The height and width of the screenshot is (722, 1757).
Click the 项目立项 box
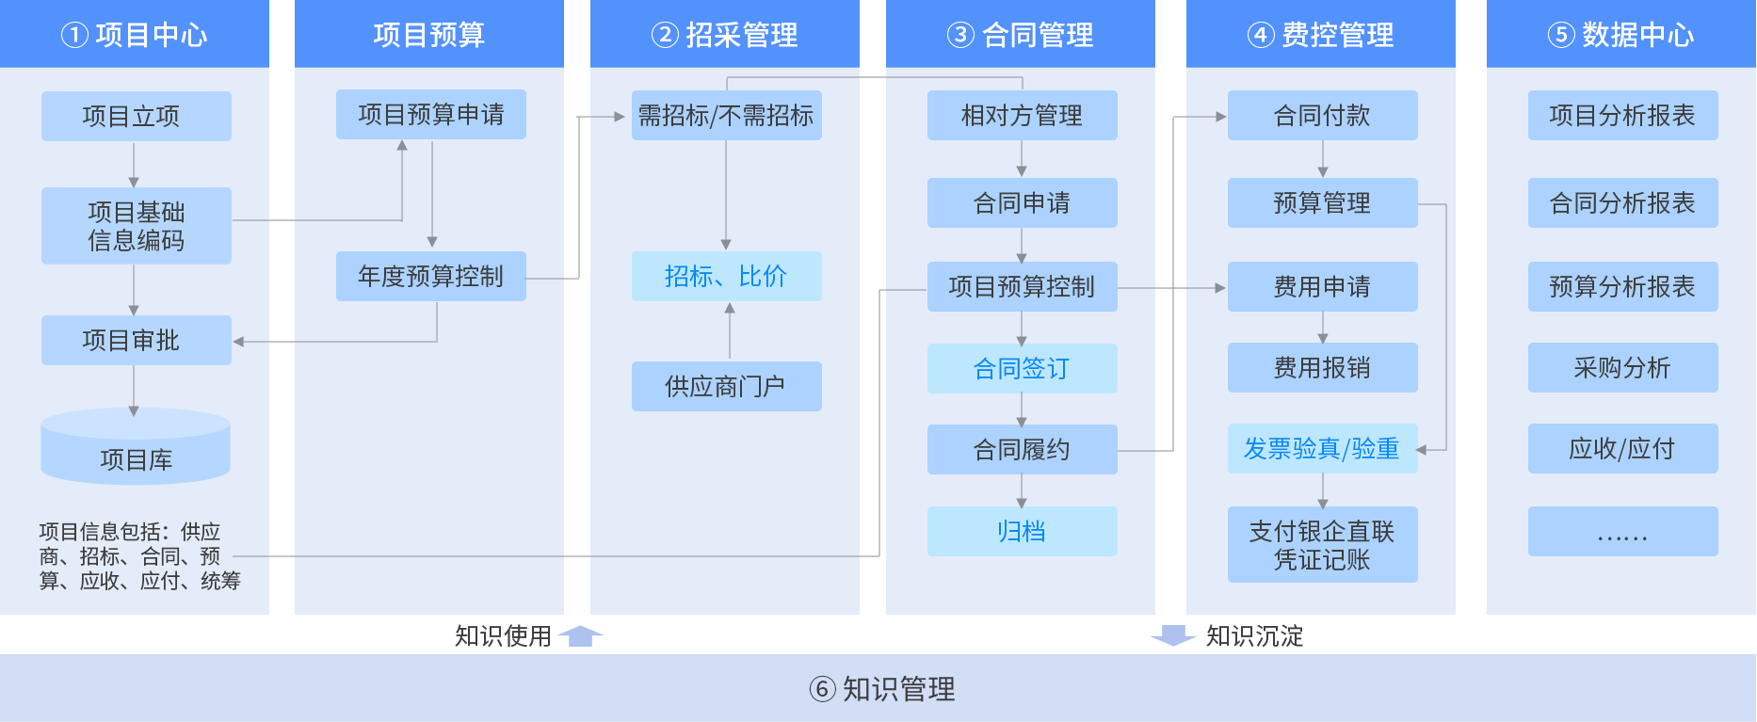click(x=136, y=116)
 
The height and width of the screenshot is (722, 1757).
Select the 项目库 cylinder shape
click(x=136, y=447)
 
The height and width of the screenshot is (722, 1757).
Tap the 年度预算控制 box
click(x=430, y=276)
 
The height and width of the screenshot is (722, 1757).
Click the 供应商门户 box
click(x=726, y=386)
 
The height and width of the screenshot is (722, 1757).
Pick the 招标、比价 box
click(x=726, y=276)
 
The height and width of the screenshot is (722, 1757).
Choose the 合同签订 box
click(x=1022, y=368)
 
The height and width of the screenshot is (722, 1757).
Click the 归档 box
click(x=1022, y=531)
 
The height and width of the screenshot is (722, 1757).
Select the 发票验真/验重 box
click(x=1322, y=448)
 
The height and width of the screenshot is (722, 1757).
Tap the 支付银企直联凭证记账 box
click(x=1322, y=544)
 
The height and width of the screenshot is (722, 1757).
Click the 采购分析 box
click(x=1622, y=367)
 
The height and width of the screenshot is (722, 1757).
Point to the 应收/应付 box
click(x=1622, y=448)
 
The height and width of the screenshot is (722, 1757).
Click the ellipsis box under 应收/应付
click(x=1622, y=531)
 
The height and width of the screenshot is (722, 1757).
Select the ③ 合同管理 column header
click(x=1021, y=35)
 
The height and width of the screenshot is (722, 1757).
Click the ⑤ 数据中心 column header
click(x=1621, y=35)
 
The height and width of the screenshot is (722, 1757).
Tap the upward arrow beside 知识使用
click(x=581, y=635)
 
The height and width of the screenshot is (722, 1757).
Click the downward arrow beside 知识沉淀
click(x=1173, y=635)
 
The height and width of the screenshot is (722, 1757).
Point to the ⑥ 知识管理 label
click(x=882, y=689)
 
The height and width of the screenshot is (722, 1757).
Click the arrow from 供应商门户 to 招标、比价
click(x=729, y=330)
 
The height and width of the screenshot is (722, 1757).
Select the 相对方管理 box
click(x=1022, y=115)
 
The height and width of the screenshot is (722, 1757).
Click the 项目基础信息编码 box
click(x=136, y=226)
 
